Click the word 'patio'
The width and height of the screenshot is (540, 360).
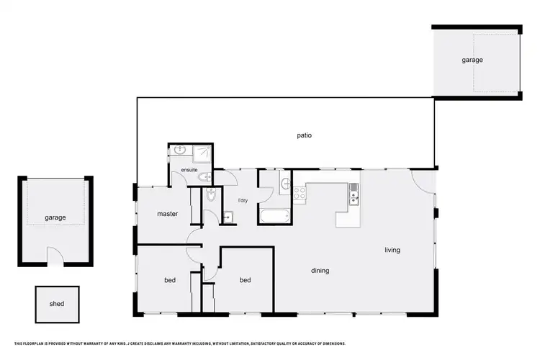[304, 135]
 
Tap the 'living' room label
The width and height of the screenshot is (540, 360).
[392, 250]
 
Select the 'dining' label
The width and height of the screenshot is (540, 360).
[320, 271]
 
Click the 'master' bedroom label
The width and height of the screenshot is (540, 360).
[167, 214]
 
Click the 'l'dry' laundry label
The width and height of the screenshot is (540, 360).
[243, 200]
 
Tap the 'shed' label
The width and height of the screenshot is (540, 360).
[57, 304]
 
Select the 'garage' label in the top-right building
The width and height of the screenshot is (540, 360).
[472, 60]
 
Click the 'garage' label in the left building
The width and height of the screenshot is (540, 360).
[55, 217]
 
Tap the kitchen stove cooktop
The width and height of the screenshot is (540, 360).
[299, 192]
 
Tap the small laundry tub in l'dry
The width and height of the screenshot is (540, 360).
[228, 217]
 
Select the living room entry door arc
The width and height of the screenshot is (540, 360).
[423, 181]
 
